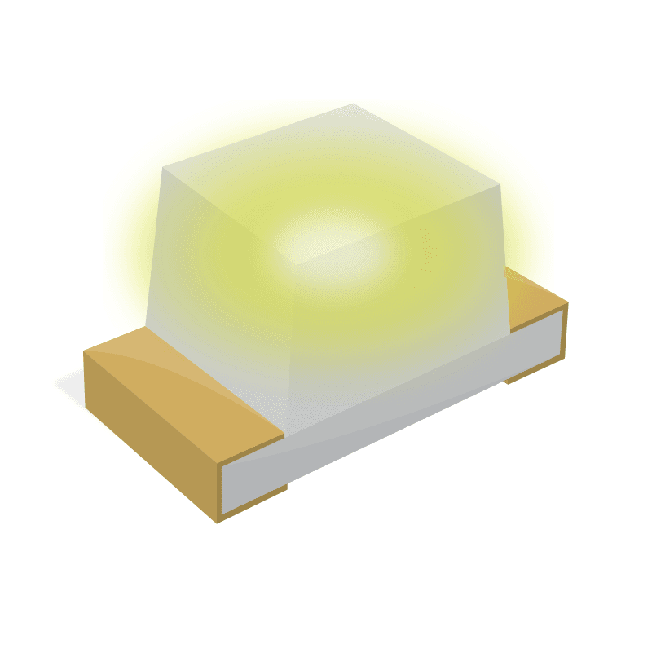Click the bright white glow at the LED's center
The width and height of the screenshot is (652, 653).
point(322,240)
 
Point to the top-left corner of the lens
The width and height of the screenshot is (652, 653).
point(164,170)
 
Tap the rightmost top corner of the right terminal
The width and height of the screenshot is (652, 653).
point(567,302)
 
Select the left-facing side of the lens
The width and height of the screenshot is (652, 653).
point(212,277)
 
